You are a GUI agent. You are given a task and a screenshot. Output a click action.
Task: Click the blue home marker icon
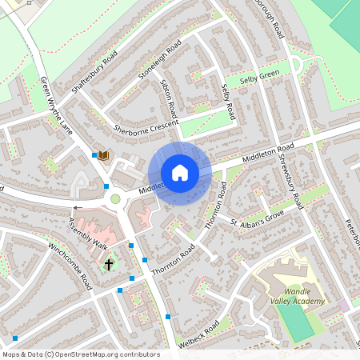click(x=180, y=173)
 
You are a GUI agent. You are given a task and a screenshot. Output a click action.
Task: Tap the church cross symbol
click(x=109, y=263)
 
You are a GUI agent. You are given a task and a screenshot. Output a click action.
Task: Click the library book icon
click(x=103, y=154)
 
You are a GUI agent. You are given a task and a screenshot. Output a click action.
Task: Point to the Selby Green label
click(x=258, y=74)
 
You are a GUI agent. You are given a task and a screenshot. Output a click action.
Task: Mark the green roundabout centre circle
click(x=115, y=198)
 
